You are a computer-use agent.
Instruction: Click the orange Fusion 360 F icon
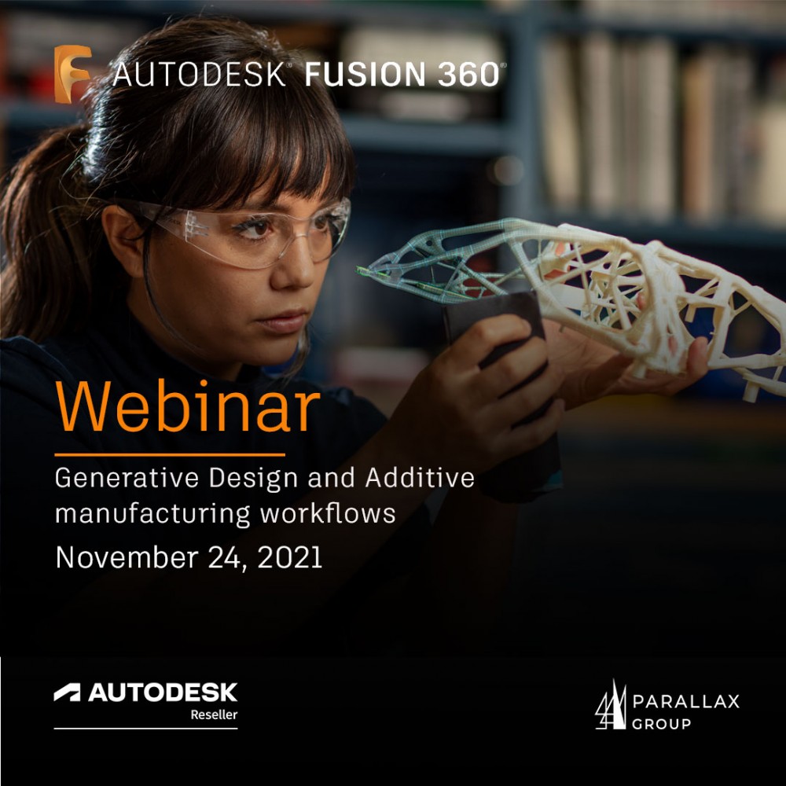click(72, 74)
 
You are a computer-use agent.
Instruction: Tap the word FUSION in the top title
click(365, 74)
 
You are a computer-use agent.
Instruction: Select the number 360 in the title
click(468, 74)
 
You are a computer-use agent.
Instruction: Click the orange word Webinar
click(188, 406)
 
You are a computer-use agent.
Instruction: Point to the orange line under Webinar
click(170, 454)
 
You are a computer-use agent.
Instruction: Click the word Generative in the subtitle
click(127, 478)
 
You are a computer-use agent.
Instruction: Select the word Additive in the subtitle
click(420, 477)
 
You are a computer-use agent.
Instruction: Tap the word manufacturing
click(152, 514)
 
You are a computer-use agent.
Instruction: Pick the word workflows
click(328, 513)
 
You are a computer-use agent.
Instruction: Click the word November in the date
click(127, 557)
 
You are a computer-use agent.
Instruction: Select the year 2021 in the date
click(289, 557)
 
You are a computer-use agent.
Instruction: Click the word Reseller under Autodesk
click(214, 714)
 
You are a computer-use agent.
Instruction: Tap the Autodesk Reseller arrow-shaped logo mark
click(67, 692)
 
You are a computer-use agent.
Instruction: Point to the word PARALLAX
click(685, 701)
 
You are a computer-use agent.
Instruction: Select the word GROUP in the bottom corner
click(661, 723)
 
